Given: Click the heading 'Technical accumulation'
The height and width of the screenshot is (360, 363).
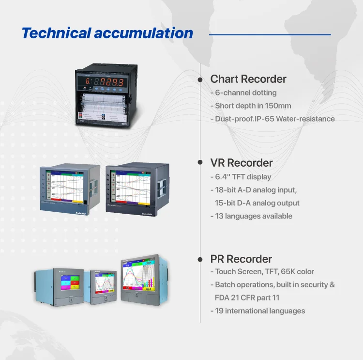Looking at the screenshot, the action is click(107, 33).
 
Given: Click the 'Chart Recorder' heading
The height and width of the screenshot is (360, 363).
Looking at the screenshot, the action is click(248, 79).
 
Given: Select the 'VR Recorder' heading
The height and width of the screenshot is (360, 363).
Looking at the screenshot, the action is click(241, 163).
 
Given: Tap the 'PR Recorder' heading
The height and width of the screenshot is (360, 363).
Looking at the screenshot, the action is click(241, 259).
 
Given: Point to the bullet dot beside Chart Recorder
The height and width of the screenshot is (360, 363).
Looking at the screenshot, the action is click(199, 79).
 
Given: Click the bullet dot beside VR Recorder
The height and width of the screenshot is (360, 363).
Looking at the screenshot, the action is click(199, 163).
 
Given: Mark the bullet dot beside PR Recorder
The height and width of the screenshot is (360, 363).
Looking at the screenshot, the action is click(199, 259).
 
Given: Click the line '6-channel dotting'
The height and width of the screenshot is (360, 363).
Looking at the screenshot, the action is click(245, 93).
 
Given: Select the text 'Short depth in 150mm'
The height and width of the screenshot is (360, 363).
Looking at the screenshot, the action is click(253, 106).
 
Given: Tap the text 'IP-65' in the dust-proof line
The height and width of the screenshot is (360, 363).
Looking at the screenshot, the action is click(269, 119).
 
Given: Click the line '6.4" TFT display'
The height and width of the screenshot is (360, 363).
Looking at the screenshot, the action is click(242, 177).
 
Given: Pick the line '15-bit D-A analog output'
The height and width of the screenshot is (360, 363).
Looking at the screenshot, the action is click(257, 203).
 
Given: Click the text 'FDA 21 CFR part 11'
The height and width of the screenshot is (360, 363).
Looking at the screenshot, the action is click(247, 297).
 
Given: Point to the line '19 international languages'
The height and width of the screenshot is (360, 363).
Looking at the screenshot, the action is click(259, 311).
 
